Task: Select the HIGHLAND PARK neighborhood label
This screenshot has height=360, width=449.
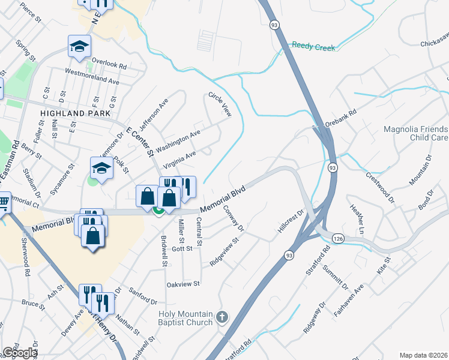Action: (x=76, y=113)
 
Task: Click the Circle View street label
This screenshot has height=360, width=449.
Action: (x=220, y=104)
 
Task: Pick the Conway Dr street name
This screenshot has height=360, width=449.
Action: (x=234, y=218)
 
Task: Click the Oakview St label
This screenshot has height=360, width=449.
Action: (x=183, y=283)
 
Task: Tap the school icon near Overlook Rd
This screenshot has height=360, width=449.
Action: (x=79, y=46)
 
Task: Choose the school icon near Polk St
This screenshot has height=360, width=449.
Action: (x=101, y=169)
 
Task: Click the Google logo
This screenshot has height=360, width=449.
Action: (x=19, y=353)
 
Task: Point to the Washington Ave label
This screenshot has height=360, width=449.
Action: (x=178, y=142)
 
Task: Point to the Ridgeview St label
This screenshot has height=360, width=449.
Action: (x=224, y=252)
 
